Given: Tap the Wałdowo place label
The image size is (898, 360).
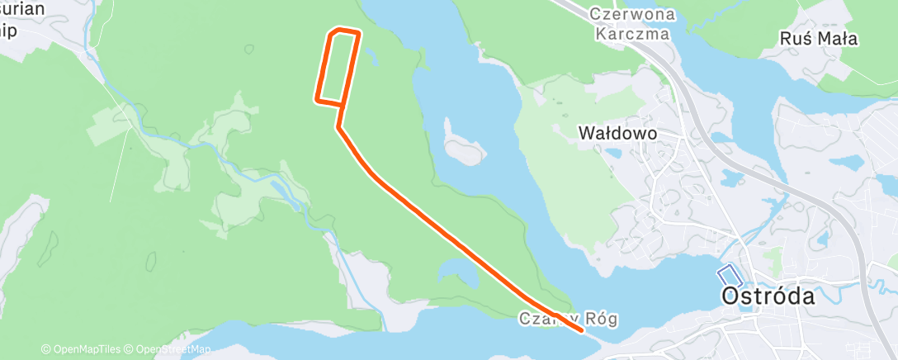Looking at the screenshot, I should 617,132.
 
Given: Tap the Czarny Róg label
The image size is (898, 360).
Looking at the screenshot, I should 568,318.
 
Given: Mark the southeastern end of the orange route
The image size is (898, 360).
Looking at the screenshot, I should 583,329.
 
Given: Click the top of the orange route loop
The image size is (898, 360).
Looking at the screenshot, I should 345,31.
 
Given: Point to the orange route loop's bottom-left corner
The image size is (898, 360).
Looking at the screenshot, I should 317,100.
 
